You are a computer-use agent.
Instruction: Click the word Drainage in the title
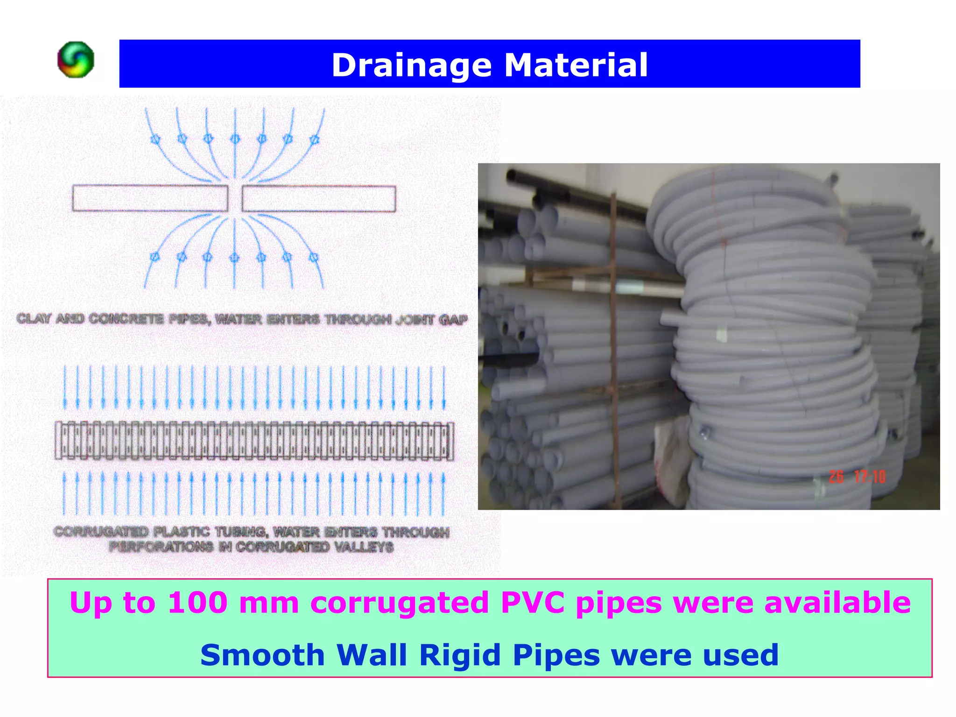(411, 65)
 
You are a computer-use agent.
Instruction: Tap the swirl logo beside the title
(76, 60)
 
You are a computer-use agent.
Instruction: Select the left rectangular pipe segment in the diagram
(150, 198)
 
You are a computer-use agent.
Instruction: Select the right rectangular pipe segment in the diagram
(319, 198)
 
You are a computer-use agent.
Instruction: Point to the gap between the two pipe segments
(235, 198)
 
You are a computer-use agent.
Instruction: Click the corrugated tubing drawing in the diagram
(254, 441)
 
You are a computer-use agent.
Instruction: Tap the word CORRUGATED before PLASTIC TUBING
(101, 532)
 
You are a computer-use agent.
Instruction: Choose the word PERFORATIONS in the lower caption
(161, 547)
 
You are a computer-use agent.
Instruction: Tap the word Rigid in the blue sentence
(460, 655)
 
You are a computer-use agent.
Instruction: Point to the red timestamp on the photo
(857, 477)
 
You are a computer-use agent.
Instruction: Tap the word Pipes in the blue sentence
(556, 655)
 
